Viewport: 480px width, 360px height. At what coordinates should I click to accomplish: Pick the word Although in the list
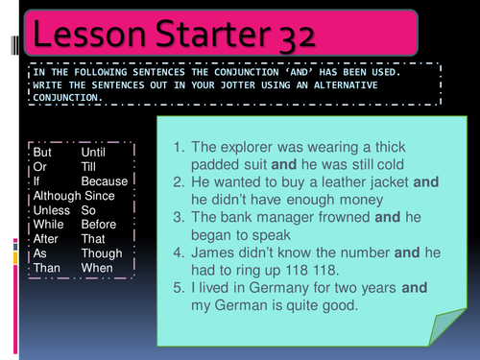[x=56, y=196]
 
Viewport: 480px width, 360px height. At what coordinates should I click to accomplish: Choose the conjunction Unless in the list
[x=52, y=210]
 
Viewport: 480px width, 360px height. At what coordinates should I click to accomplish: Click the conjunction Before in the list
[x=101, y=225]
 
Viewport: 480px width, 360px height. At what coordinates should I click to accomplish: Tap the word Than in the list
[x=47, y=268]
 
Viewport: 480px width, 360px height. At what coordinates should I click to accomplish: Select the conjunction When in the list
[x=97, y=268]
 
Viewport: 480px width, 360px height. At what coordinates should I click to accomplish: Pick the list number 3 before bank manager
[x=180, y=218]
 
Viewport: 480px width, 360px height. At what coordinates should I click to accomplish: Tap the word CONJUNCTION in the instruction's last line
[x=63, y=98]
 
